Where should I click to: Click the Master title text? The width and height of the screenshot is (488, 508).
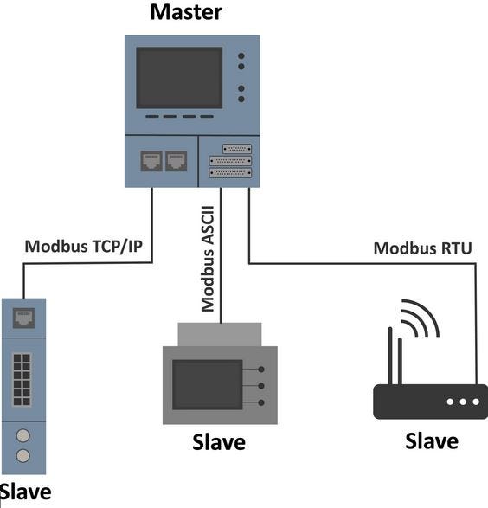click(x=186, y=12)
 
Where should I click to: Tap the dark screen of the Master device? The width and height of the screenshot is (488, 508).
click(x=179, y=78)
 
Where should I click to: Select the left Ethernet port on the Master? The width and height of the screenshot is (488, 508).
click(x=151, y=161)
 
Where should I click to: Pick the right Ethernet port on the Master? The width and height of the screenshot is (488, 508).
click(x=177, y=161)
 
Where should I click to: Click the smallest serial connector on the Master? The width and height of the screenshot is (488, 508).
click(x=237, y=149)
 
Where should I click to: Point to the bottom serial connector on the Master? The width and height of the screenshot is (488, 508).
click(x=230, y=173)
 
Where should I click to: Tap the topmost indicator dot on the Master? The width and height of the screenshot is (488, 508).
click(x=241, y=56)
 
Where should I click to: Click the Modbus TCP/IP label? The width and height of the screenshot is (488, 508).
click(x=84, y=247)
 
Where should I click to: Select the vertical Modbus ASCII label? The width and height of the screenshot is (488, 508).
click(x=208, y=259)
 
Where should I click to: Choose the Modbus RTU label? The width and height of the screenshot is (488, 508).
click(x=422, y=248)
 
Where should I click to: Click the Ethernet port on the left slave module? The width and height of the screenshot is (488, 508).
click(x=23, y=318)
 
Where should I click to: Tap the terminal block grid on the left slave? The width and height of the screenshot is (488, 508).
click(x=22, y=379)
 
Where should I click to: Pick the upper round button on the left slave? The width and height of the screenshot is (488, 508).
click(x=23, y=436)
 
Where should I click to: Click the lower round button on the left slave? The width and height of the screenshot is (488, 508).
click(x=23, y=455)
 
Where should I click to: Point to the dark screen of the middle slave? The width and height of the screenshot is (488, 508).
click(x=208, y=384)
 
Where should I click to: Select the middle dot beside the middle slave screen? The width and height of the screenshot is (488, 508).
click(x=261, y=386)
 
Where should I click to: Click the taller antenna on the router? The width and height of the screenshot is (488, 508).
click(x=390, y=356)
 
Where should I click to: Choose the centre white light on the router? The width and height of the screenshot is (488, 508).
click(x=463, y=402)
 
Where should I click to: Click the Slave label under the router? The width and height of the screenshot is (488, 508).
click(x=432, y=441)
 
